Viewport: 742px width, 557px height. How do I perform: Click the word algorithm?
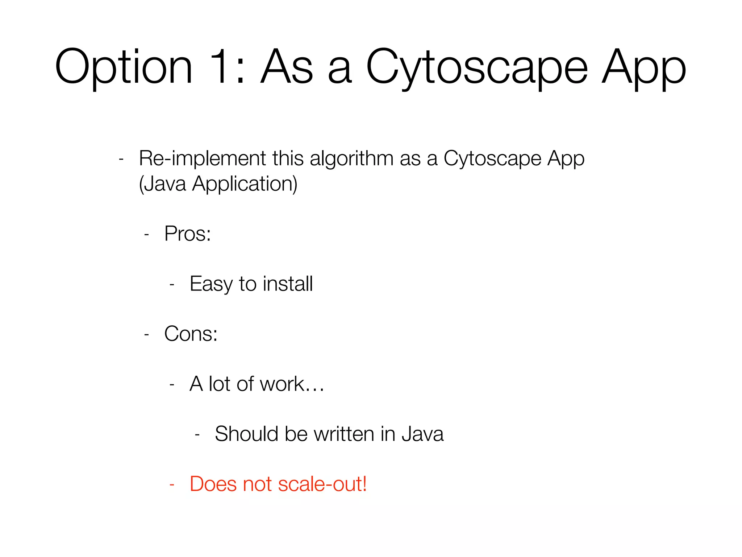click(x=351, y=158)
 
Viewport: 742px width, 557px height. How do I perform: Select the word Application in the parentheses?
click(x=245, y=183)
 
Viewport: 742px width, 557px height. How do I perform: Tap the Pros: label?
click(x=187, y=234)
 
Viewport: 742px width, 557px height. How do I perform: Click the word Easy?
click(x=210, y=284)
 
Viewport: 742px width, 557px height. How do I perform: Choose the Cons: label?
click(x=191, y=334)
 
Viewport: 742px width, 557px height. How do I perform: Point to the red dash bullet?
click(x=172, y=484)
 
